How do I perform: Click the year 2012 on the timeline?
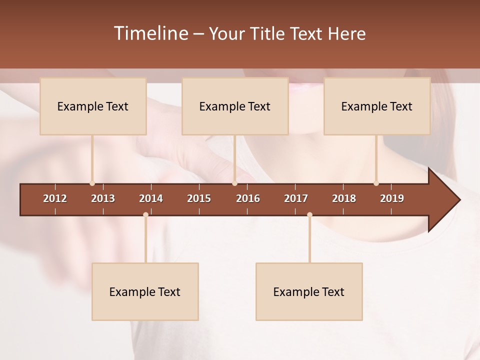point(55,198)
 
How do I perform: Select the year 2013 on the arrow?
point(103,198)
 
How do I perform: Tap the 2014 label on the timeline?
point(151,198)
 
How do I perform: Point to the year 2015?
point(199,198)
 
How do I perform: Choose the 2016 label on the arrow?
point(248,198)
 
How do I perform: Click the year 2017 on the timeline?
point(296,198)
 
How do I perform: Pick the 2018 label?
point(344,198)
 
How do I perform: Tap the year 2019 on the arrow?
point(392,198)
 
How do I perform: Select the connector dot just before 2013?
point(92,183)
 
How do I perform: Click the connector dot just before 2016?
point(234,183)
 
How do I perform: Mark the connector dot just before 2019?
point(376,183)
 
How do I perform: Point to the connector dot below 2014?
point(145,215)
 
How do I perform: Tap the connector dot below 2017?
point(309,215)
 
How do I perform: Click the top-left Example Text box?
point(93,106)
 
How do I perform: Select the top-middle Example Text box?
point(235,106)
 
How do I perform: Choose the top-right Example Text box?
point(377,106)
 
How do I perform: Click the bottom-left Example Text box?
point(145,292)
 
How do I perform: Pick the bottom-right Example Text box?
point(309,292)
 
